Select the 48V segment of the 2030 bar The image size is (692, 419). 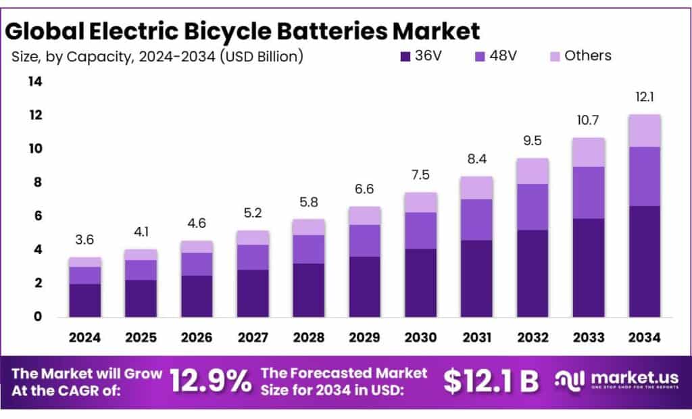420,230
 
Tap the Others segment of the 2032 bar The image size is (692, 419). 533,171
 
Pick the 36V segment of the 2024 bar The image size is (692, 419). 84,300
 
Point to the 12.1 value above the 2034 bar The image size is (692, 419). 644,97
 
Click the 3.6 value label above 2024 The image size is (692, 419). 84,240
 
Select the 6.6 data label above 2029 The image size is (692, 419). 364,189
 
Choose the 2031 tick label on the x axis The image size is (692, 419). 476,337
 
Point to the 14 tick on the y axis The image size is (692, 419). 34,82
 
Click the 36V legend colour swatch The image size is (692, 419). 405,56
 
